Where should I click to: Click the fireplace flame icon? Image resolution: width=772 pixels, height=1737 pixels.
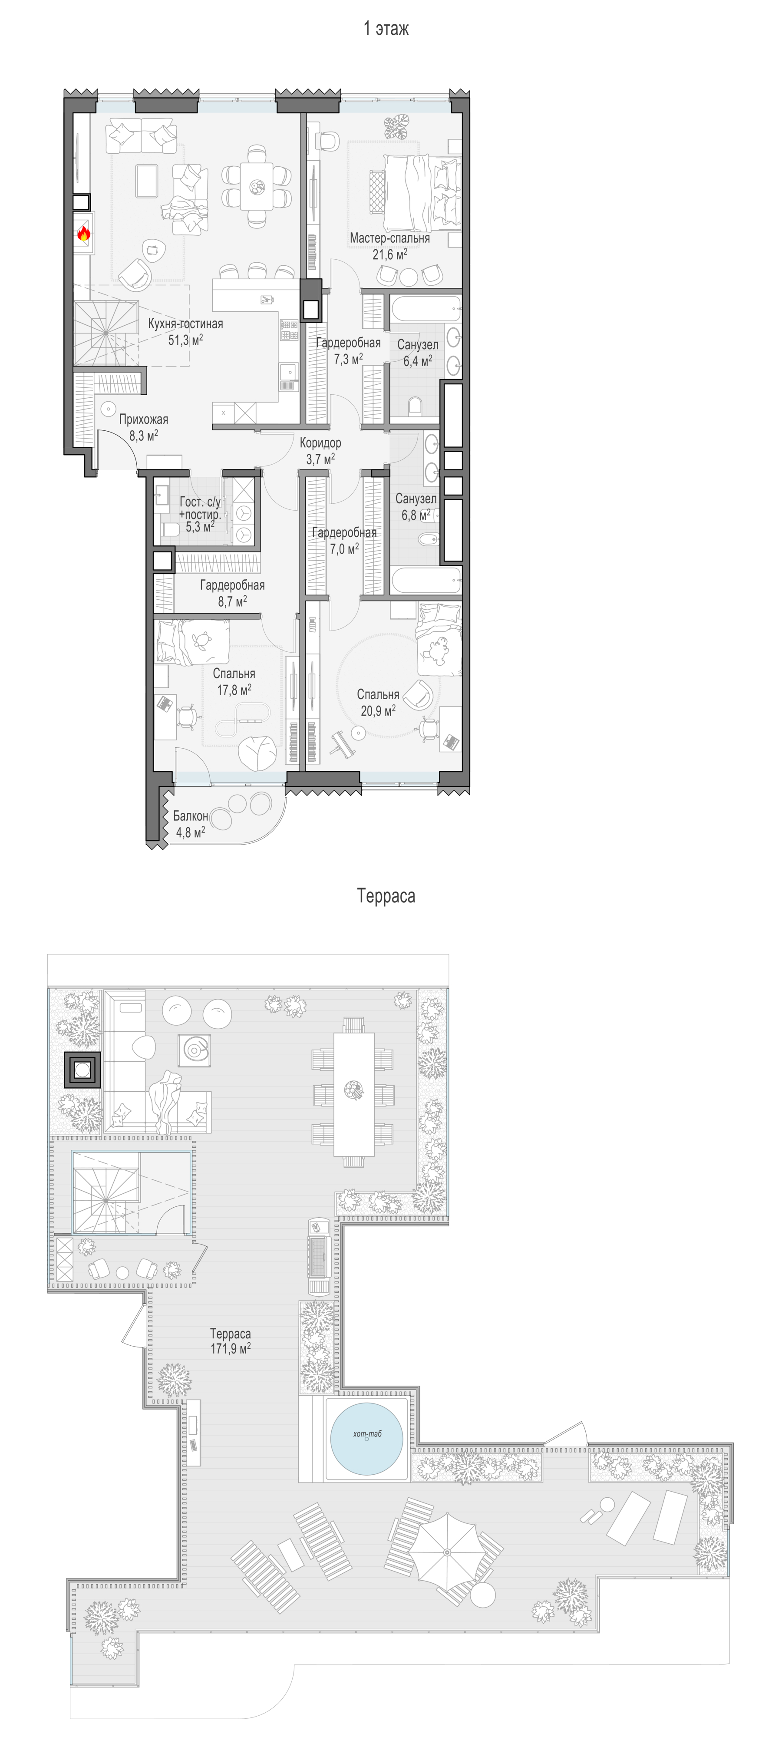pos(84,233)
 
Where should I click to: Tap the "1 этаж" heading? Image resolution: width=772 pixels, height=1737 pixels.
pos(386,28)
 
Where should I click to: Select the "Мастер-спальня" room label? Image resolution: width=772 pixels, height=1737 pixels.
pos(390,238)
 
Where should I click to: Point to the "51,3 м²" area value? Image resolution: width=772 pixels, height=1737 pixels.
pos(185,339)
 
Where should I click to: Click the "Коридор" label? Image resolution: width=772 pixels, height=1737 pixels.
pos(320,443)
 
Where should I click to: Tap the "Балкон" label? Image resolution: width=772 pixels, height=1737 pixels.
pos(191,816)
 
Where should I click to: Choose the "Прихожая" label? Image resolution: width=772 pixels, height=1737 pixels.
pos(144,419)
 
